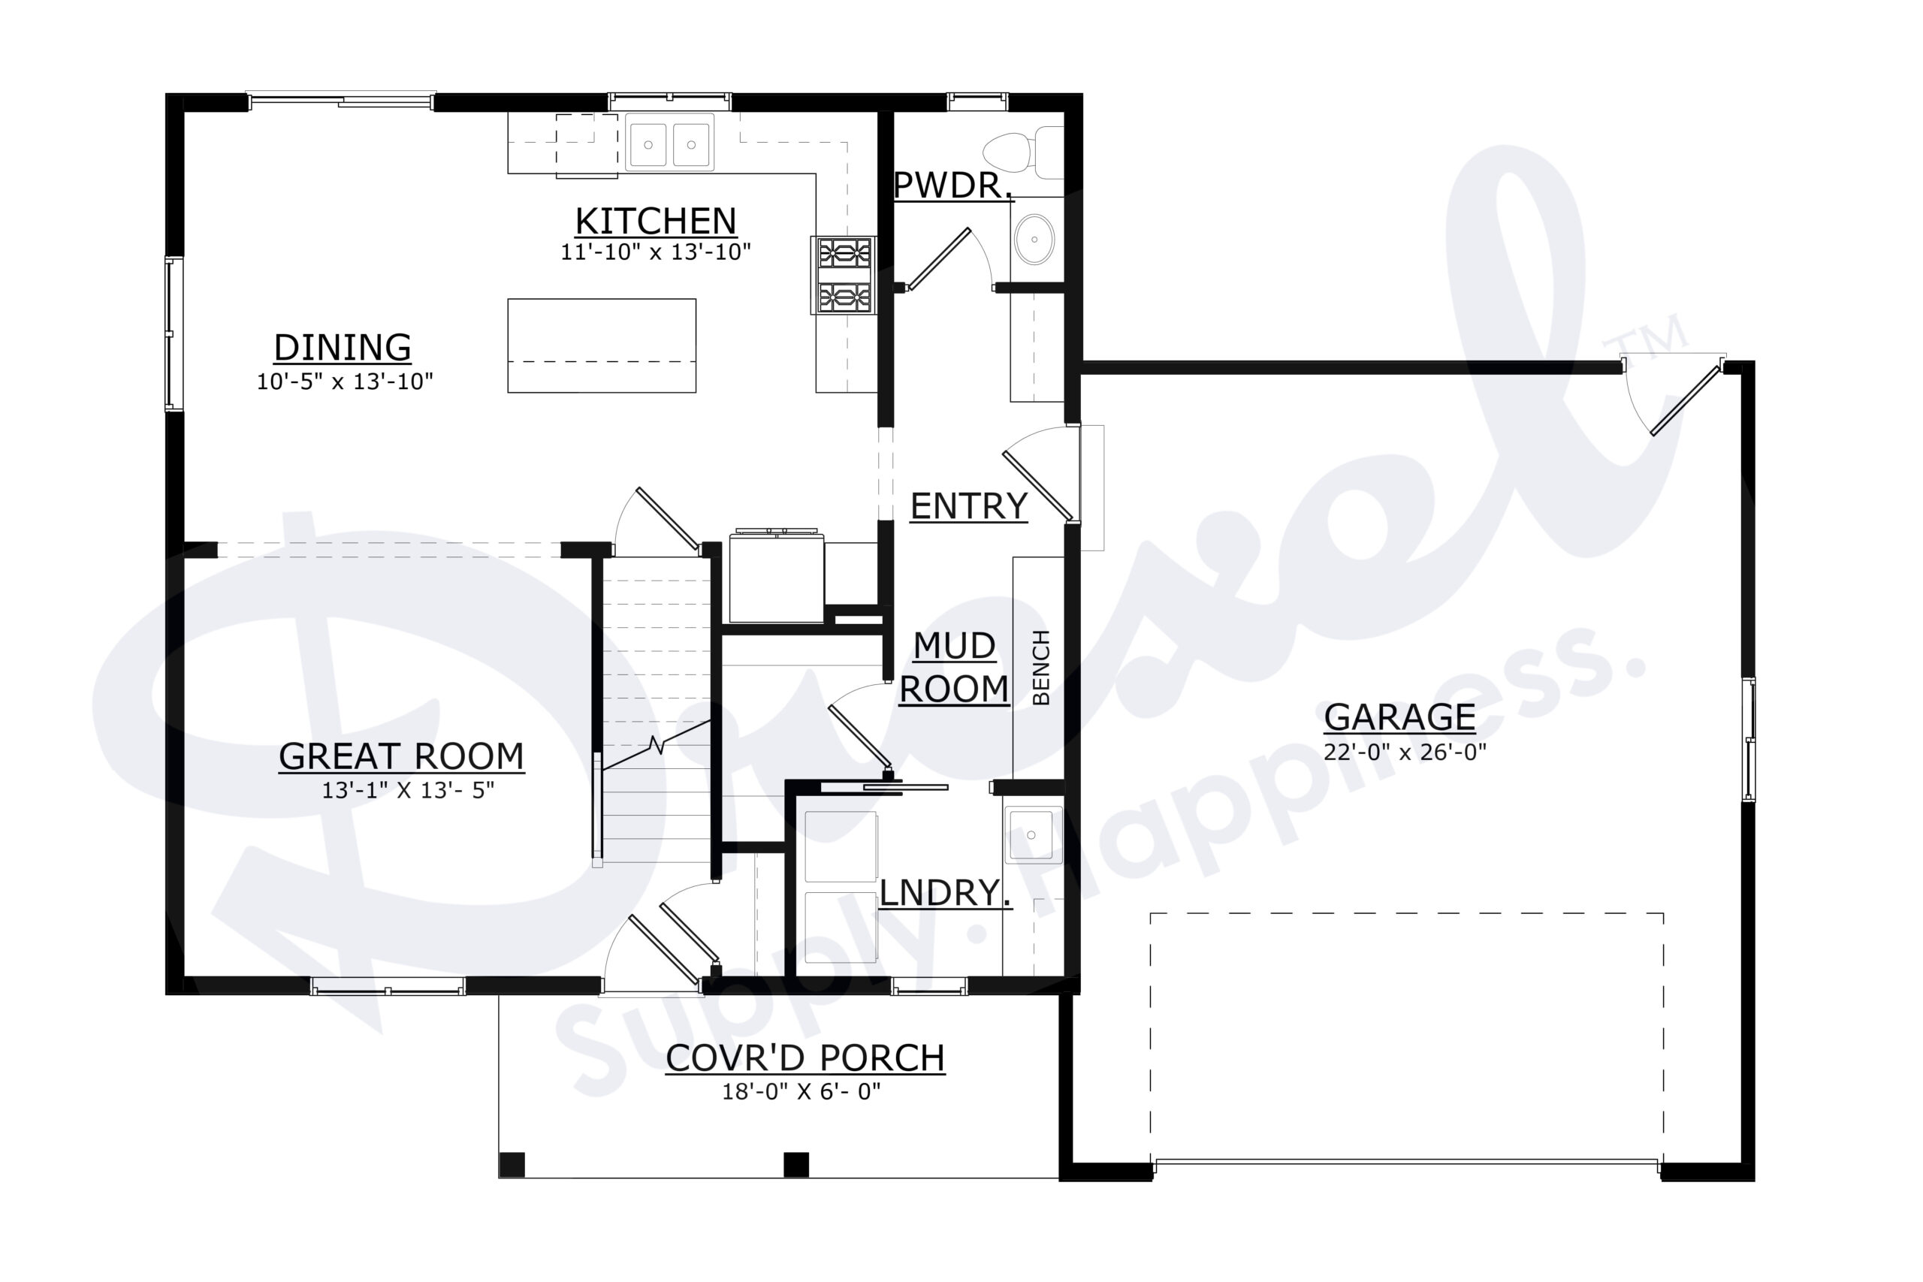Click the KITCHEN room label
655,221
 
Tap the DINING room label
342,348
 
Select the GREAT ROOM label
400,756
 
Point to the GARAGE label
1399,717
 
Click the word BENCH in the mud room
1041,667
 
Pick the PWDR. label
952,186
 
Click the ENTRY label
968,506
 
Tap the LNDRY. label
944,892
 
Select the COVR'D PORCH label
805,1058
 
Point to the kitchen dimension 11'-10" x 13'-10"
655,252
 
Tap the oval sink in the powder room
1034,240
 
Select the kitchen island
601,345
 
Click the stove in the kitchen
844,275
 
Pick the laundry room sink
1033,835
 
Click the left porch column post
512,1163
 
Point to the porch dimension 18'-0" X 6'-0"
801,1091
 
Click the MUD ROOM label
953,667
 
